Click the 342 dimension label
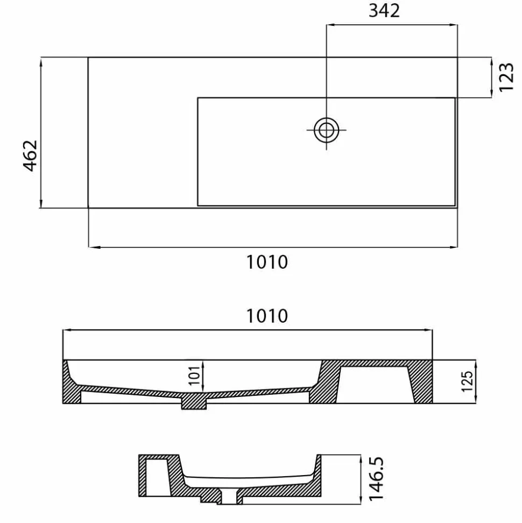click(384, 11)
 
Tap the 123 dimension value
click(506, 77)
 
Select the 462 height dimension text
click(30, 156)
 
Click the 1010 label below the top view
click(267, 262)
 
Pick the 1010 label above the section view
click(267, 316)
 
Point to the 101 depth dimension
click(194, 375)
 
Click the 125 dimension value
click(467, 381)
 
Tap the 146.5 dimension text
click(377, 479)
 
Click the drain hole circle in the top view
click(326, 130)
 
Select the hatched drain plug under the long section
click(194, 401)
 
